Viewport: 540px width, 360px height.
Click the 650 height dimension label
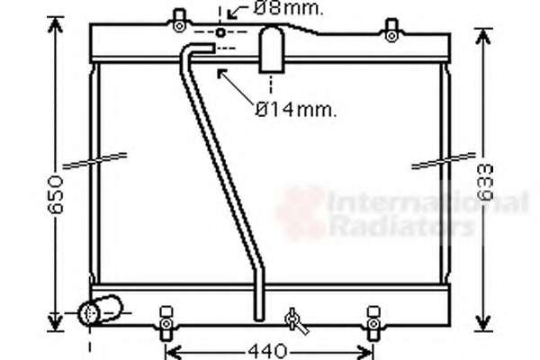pos(56,194)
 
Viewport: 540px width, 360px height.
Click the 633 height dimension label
pos(485,183)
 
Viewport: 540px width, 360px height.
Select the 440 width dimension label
pos(267,351)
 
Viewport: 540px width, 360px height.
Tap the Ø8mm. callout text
pos(289,8)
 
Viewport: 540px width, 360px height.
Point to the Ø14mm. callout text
pos(296,110)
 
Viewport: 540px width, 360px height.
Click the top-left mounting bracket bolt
pos(179,26)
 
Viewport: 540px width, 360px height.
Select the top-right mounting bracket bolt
pos(391,35)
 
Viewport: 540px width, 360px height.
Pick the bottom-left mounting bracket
pos(166,323)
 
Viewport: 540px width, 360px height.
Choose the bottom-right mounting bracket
pos(373,323)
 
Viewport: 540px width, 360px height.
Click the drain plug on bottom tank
pos(295,321)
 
